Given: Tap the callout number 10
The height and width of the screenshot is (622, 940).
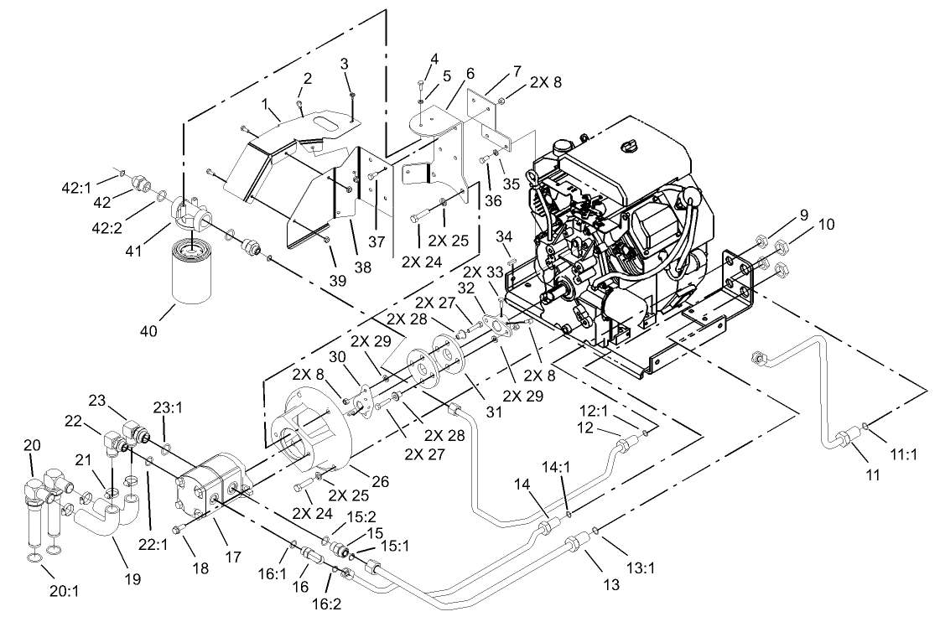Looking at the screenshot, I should point(827,225).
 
